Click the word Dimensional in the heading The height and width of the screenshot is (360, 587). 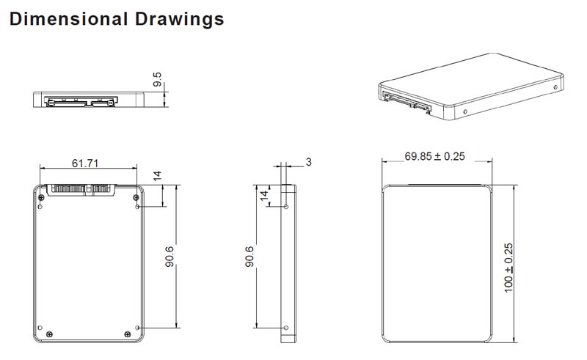pos(68,19)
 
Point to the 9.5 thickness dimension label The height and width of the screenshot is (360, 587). pos(158,79)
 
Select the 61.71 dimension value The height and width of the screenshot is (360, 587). pos(85,164)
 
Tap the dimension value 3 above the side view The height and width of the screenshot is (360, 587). pos(308,162)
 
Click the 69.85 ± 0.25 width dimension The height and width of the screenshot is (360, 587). pos(434,156)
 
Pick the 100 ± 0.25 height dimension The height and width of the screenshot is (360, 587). pos(508,268)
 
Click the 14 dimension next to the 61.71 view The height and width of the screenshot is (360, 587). pos(157,176)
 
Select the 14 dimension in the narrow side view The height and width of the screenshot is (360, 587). pos(264,196)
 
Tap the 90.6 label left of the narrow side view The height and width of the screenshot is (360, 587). pos(249,257)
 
